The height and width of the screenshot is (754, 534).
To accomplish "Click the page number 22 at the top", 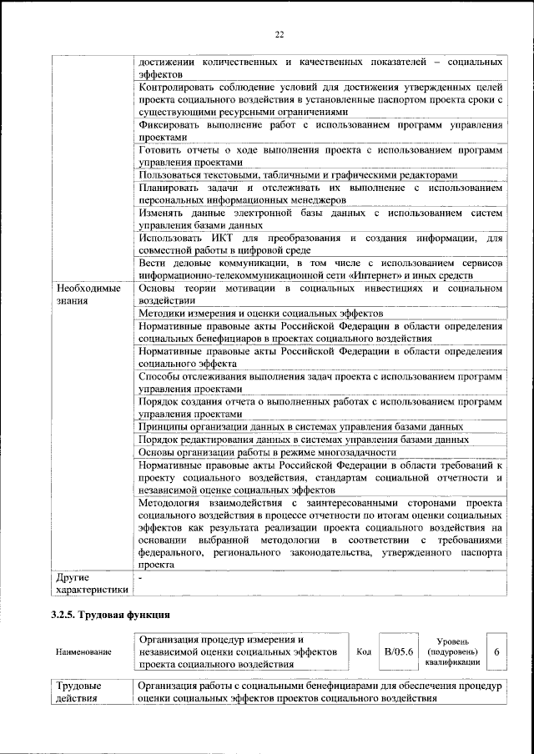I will pyautogui.click(x=280, y=33).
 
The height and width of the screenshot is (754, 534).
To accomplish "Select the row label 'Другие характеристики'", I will pyautogui.click(x=91, y=584).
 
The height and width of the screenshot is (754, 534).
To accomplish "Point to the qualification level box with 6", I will pyautogui.click(x=497, y=651).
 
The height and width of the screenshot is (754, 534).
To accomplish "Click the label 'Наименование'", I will pyautogui.click(x=82, y=651).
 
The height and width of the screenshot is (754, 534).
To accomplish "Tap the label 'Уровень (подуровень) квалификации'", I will pyautogui.click(x=451, y=651).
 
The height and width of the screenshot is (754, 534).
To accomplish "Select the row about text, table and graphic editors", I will pyautogui.click(x=298, y=175).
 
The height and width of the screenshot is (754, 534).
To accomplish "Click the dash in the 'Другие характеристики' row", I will pyautogui.click(x=141, y=577).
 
